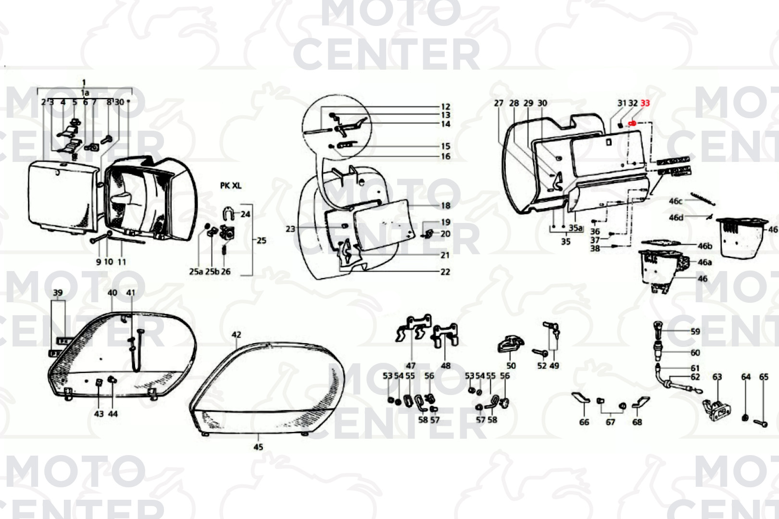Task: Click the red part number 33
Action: click(x=645, y=103)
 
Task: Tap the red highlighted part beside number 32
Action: click(x=632, y=124)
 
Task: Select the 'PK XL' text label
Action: click(x=230, y=185)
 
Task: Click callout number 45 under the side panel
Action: click(x=258, y=447)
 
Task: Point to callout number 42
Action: click(x=236, y=334)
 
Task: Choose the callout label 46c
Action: click(x=676, y=201)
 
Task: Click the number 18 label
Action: click(x=445, y=206)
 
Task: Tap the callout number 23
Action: click(x=290, y=229)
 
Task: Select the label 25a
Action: click(x=196, y=272)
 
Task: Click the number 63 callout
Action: click(x=717, y=377)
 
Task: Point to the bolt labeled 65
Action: click(x=761, y=423)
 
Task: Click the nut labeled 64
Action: click(x=745, y=418)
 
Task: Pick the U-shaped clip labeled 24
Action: click(x=228, y=213)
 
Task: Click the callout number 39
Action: click(x=58, y=293)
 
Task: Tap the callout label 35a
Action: click(x=576, y=228)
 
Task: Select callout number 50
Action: click(x=511, y=365)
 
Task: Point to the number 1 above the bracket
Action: click(x=84, y=83)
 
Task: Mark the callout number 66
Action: click(x=584, y=422)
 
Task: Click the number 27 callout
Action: click(x=499, y=103)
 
